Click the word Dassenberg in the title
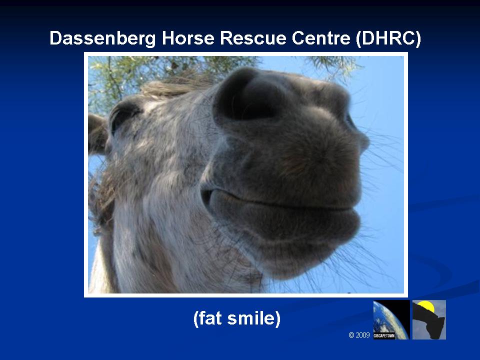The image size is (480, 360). [x=102, y=38]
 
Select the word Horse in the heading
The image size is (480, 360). [x=188, y=38]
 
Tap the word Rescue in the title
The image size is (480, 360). [x=253, y=38]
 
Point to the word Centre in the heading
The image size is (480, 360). [x=321, y=38]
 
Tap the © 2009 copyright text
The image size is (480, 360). [x=359, y=335]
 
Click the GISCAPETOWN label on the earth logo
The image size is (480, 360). [x=384, y=335]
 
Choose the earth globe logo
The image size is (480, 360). [x=391, y=319]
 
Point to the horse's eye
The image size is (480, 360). [x=124, y=115]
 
